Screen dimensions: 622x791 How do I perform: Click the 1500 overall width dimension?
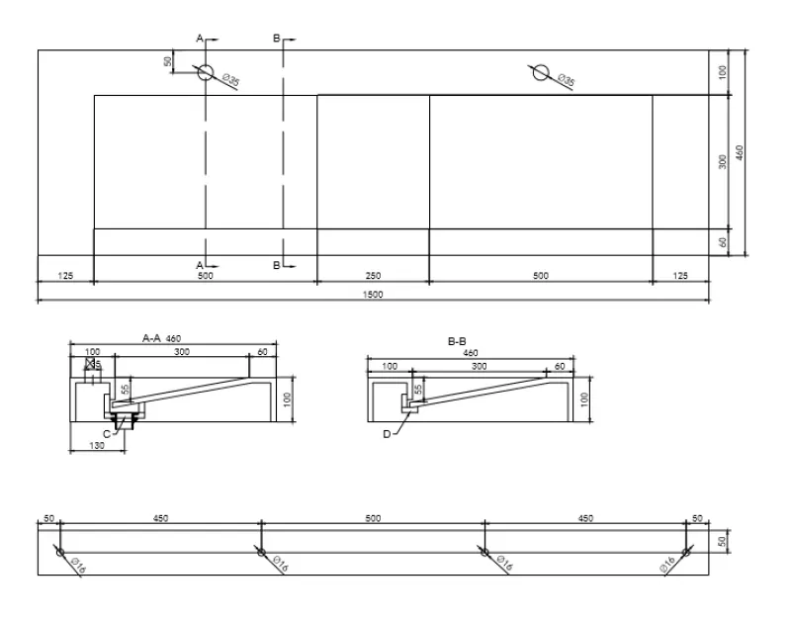[x=373, y=294]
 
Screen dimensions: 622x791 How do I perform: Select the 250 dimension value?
[x=373, y=276]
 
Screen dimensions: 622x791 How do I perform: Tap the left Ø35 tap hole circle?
[x=206, y=72]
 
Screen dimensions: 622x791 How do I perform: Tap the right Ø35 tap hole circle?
[x=541, y=72]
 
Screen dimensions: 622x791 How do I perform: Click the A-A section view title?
[x=150, y=337]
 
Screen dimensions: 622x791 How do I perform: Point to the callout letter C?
[x=105, y=433]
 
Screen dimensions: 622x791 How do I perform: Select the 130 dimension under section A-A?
[x=96, y=446]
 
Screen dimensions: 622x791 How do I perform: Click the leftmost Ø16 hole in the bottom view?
[x=60, y=552]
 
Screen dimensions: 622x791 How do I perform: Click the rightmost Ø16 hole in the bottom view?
[x=685, y=552]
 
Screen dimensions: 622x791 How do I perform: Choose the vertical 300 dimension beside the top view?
[x=724, y=161]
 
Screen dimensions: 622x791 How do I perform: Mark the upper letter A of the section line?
[x=200, y=38]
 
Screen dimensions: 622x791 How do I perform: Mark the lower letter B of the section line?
[x=278, y=265]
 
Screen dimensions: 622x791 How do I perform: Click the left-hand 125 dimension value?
[x=66, y=276]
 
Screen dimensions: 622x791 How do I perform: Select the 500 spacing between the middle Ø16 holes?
[x=373, y=518]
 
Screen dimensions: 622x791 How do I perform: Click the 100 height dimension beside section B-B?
[x=583, y=399]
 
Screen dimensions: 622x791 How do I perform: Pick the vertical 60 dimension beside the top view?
[x=724, y=241]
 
